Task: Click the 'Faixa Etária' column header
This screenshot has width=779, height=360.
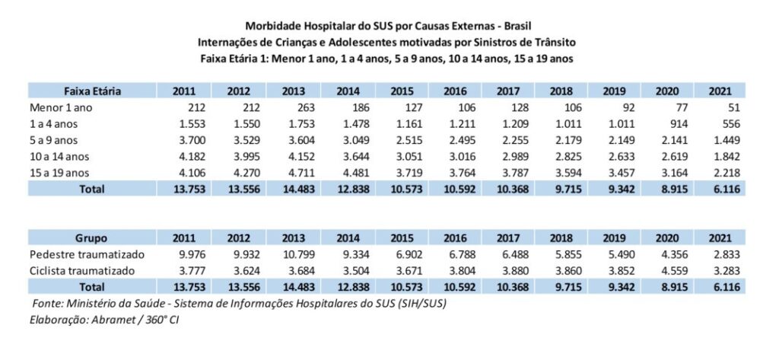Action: pyautogui.click(x=92, y=91)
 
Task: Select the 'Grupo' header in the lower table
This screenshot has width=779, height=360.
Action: pyautogui.click(x=92, y=237)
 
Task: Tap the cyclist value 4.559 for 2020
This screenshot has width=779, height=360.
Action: pyautogui.click(x=669, y=270)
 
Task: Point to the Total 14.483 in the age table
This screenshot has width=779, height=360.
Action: pyautogui.click(x=293, y=189)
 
